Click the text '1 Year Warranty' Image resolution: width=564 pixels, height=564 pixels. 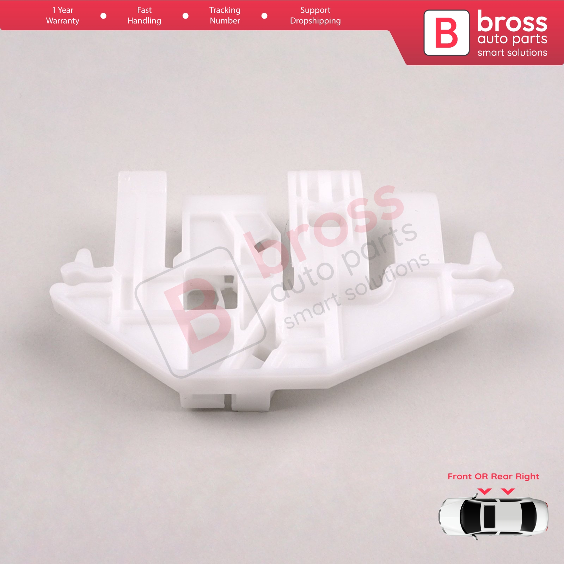63,16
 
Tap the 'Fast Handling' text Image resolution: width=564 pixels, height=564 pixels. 144,16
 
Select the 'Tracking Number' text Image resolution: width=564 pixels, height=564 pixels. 225,16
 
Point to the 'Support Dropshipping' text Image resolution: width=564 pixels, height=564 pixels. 315,16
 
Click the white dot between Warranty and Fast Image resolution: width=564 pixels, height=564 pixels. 103,16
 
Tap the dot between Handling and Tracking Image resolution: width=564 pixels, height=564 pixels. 185,16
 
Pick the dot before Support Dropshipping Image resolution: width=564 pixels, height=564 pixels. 264,16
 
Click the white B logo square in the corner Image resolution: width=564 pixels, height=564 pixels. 446,32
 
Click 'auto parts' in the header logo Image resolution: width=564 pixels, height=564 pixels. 512,39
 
